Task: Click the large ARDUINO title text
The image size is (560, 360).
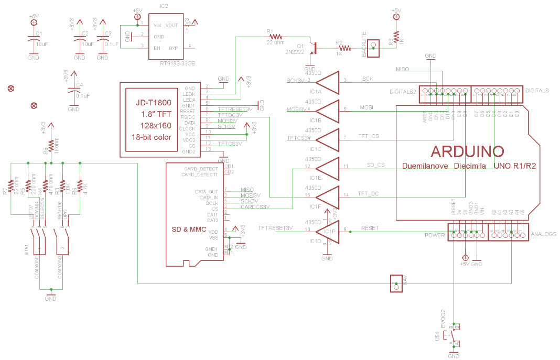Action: pos(467,151)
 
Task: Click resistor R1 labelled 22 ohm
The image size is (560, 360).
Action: pos(275,37)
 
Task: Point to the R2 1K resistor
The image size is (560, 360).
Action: pos(339,48)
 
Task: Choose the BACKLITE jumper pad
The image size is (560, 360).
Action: pos(373,48)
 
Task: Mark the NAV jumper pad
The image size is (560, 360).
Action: pos(396,283)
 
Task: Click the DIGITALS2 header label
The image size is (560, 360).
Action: pos(403,91)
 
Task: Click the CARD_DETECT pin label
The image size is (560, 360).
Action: pos(201,169)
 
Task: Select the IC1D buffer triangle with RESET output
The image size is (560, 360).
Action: pos(327,231)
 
